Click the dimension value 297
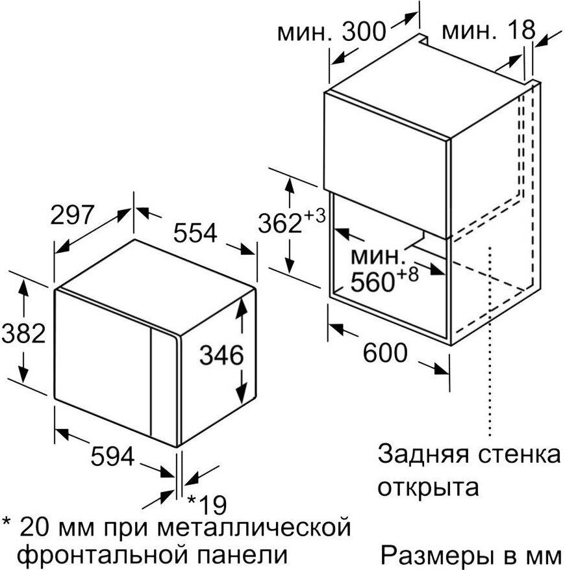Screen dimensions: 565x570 72,215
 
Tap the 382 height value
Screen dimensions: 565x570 23,333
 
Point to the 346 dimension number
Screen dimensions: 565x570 221,355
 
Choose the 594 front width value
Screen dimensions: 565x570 112,456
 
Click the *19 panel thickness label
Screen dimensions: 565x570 207,504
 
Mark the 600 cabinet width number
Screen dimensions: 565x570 385,352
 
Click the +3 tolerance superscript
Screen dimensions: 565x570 314,216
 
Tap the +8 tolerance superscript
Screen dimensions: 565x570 408,274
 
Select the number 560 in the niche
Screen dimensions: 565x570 373,281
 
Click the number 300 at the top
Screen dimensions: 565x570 364,31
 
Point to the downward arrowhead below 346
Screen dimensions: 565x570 240,395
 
